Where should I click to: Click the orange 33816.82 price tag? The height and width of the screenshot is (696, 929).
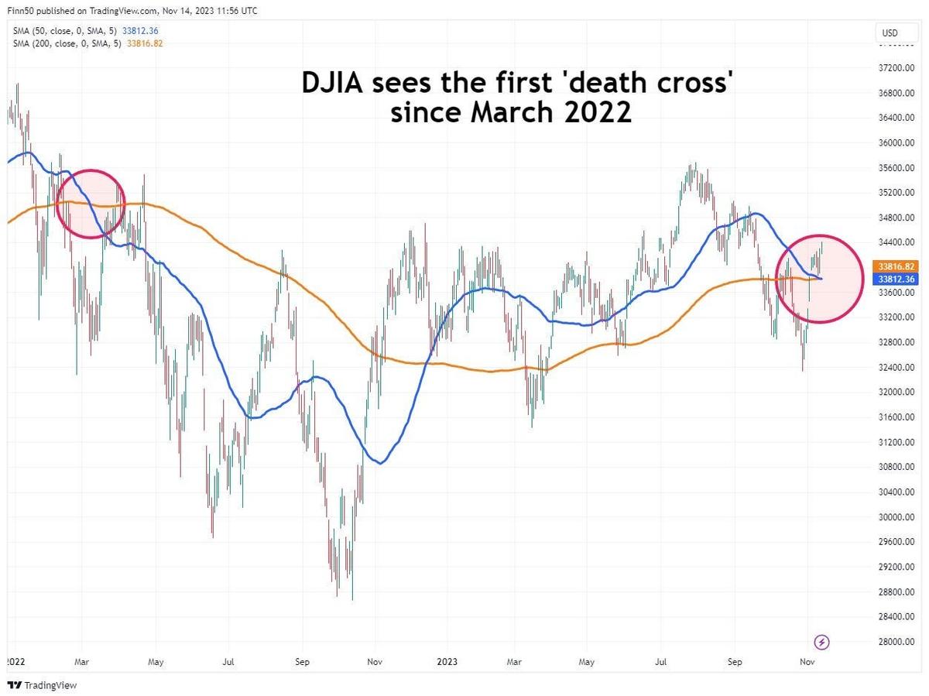coord(896,265)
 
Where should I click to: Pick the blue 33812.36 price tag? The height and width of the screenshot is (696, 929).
coord(896,278)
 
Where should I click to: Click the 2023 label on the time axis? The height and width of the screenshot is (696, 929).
coord(447,663)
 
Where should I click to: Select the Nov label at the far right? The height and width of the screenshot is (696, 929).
coord(807,663)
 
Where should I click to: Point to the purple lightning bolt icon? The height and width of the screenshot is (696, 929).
coord(822,642)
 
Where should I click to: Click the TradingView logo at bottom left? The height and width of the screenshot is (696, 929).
coord(43,685)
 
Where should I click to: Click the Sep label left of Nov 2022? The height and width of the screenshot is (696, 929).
coord(302,663)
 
